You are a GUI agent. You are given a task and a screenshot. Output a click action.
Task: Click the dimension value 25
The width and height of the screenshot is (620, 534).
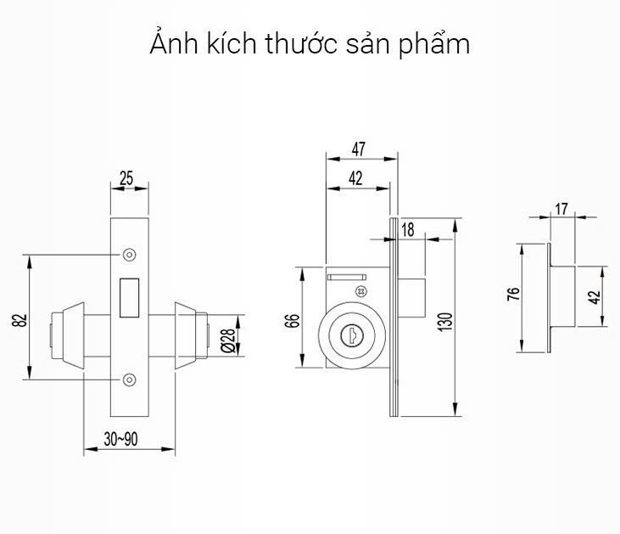[126, 178]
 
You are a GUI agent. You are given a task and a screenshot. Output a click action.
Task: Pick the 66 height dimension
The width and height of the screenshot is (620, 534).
[293, 319]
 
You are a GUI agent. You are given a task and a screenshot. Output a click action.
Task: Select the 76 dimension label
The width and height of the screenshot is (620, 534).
[512, 295]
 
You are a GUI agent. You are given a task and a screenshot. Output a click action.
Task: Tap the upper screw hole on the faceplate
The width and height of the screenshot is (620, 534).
[129, 254]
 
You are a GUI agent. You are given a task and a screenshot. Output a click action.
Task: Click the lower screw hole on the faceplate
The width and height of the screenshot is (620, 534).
[129, 379]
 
